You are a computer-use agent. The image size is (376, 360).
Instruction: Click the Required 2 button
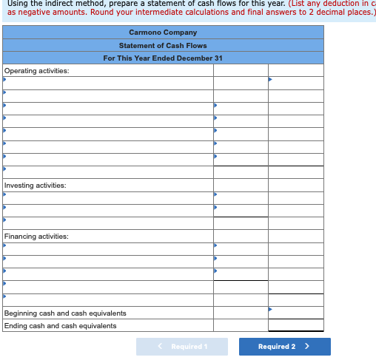[284, 347]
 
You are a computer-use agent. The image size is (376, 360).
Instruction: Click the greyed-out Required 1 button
[182, 347]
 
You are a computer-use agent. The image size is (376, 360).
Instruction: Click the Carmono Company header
[163, 33]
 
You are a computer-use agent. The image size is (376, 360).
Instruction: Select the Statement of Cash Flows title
[163, 45]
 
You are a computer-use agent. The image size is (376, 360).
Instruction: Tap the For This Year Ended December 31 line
[163, 58]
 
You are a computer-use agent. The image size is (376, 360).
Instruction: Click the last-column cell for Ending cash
[295, 325]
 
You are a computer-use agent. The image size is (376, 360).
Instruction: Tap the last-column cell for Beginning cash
[295, 313]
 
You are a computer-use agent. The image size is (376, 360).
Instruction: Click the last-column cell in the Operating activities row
[295, 71]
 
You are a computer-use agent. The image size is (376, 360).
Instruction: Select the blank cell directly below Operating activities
[107, 83]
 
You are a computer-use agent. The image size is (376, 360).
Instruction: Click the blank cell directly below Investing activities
[107, 197]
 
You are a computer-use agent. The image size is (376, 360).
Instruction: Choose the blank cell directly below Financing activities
[107, 248]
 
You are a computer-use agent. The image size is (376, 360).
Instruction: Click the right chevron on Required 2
[307, 347]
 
